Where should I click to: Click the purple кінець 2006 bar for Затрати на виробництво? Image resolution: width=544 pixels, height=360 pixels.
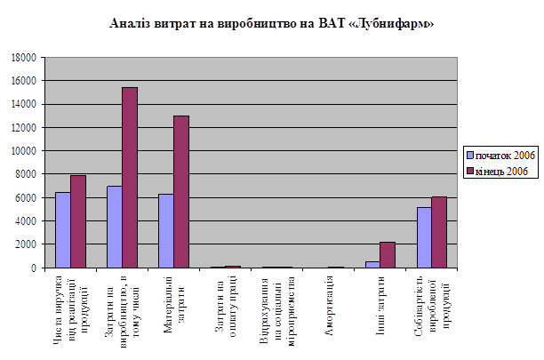130,178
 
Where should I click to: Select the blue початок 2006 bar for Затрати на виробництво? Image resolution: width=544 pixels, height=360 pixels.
115,227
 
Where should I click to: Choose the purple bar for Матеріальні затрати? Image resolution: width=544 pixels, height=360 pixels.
181,191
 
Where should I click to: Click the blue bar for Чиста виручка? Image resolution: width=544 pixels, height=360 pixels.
63,229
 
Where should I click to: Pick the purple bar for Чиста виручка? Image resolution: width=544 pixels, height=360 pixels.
78,221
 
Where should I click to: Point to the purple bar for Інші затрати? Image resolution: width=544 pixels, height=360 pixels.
388,255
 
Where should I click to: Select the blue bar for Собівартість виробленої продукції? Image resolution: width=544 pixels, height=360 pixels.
424,237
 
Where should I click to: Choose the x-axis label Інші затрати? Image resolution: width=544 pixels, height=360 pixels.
380,301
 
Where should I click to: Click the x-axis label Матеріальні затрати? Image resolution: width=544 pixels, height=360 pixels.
173,306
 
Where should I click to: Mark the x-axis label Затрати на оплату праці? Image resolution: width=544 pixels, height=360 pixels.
225,307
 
